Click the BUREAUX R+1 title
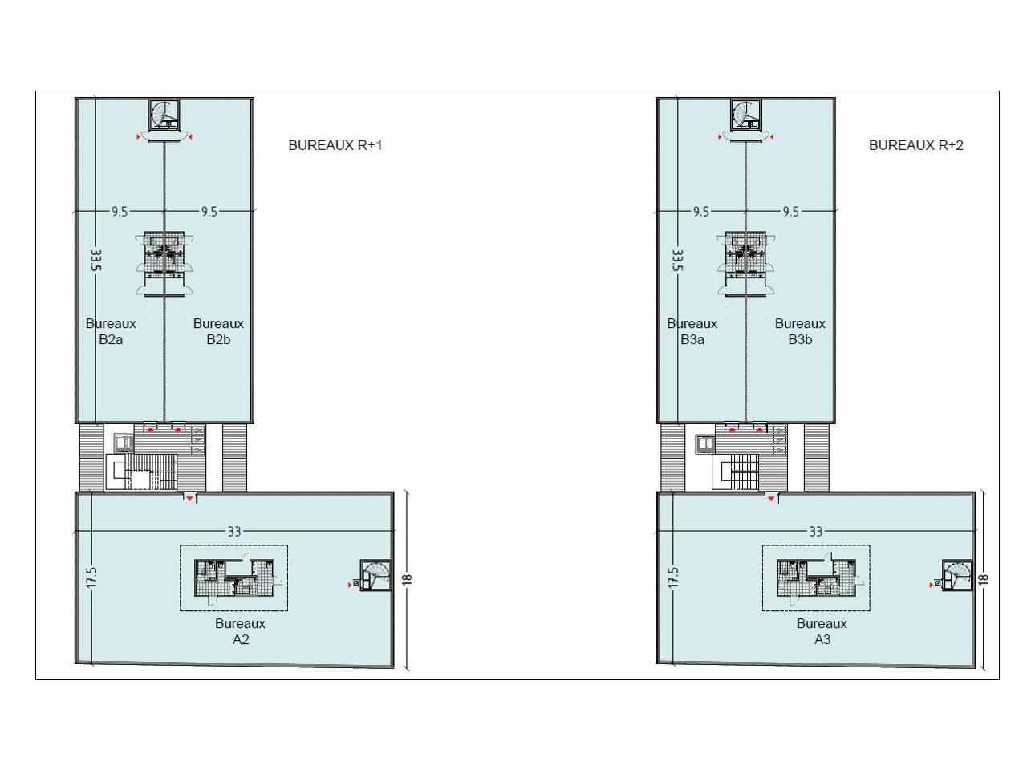pos(335,145)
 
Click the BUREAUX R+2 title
pos(915,145)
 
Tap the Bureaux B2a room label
pos(111,331)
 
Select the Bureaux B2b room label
pos(218,331)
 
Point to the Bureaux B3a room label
pos(692,331)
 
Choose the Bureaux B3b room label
pos(800,331)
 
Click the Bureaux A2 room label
pos(240,631)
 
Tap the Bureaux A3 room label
pos(822,631)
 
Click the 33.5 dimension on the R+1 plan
pos(96,261)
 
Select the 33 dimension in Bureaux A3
pos(815,532)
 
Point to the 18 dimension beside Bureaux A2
pos(407,579)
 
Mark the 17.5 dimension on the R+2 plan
pos(673,577)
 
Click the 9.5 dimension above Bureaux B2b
pos(209,212)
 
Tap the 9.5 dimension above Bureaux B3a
pos(701,212)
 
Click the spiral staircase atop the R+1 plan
pos(164,115)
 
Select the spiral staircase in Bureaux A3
pos(957,576)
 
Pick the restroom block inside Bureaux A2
pos(233,577)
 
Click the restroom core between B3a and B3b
pos(745,263)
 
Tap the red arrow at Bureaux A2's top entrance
pos(189,498)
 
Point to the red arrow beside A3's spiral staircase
pos(931,585)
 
